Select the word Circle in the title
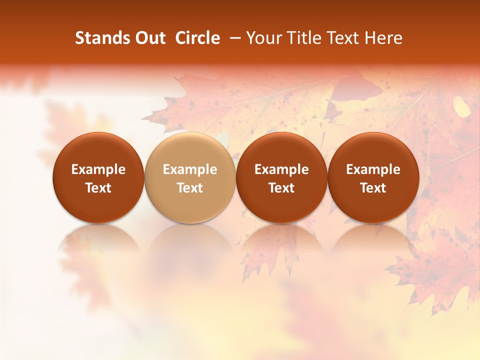coord(198,38)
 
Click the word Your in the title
coord(263,38)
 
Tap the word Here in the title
coord(384,38)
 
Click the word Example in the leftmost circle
coord(98,169)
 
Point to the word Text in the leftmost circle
coord(98,188)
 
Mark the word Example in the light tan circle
coord(190,169)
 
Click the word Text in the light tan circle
coord(190,188)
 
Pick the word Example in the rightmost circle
coord(373,169)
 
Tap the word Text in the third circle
coord(281,188)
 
